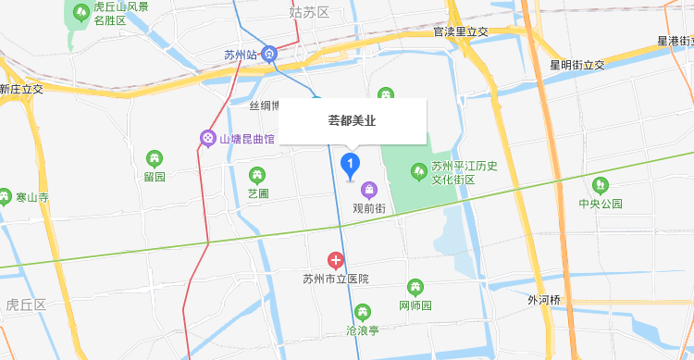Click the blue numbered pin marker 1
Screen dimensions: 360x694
(351, 166)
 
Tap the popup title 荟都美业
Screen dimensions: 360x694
(352, 120)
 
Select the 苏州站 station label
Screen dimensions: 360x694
(240, 55)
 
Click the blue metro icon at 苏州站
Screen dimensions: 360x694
(268, 54)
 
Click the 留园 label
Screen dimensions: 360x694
(155, 177)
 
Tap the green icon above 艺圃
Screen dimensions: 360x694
(257, 174)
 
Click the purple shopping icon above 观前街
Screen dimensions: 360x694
(369, 191)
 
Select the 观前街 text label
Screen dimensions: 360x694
(369, 209)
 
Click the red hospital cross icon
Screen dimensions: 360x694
(336, 261)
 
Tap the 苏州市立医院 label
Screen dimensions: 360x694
(336, 279)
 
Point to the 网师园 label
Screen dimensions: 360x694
(415, 305)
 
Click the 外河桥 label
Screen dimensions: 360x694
(544, 300)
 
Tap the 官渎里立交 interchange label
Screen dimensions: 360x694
(461, 32)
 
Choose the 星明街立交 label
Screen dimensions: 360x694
(576, 65)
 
